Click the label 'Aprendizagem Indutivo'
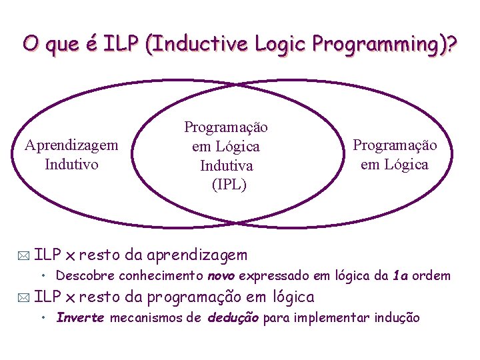pos(71,154)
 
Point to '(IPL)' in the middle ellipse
pos(229,184)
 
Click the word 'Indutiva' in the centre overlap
pos(227,165)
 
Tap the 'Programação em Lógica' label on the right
pos(395,154)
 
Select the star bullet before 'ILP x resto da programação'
pos(25,297)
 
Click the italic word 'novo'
pos(221,275)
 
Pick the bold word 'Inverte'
pos(81,318)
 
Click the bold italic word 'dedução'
pos(233,318)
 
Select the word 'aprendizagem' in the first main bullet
pos(197,254)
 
